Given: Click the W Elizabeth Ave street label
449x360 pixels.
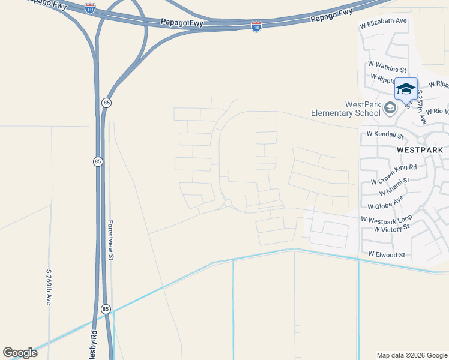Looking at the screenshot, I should (383, 21).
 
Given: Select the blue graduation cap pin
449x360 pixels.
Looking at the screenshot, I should (406, 89).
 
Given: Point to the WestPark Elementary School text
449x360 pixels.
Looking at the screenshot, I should (346, 109).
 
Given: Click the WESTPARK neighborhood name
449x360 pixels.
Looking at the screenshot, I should (420, 149).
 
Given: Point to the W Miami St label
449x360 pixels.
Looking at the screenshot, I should (394, 186).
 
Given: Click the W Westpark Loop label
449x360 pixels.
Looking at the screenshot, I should (387, 220).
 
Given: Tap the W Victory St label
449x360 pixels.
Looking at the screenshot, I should (391, 229).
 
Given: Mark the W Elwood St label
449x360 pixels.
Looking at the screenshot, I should (387, 254).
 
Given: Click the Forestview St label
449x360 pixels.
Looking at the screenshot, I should (110, 239).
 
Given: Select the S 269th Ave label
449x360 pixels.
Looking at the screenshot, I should (49, 287).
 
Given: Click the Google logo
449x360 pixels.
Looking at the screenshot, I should (20, 353).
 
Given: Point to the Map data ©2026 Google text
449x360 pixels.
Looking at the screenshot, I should (411, 355).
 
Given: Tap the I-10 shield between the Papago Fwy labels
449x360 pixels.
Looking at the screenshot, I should (256, 26).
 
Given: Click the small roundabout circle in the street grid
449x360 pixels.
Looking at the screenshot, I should (228, 203).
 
